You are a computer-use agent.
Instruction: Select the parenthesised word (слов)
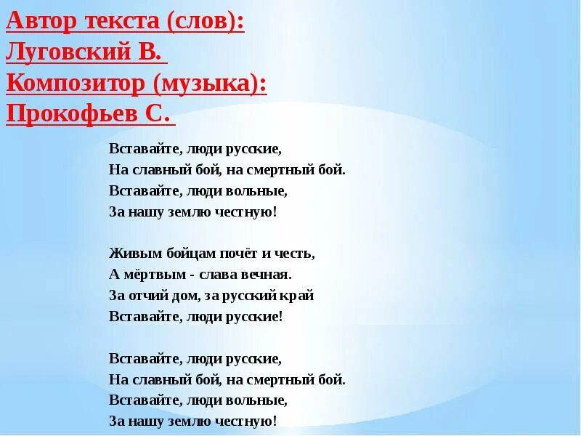point(206,23)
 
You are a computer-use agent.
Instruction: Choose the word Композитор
point(77,84)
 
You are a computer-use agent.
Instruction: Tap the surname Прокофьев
point(72,115)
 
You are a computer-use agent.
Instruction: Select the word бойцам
point(174,254)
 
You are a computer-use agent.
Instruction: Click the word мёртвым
point(149,275)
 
